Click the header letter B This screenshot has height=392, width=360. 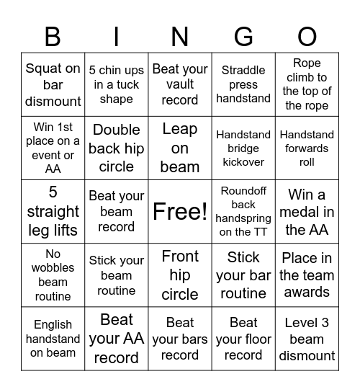(53, 36)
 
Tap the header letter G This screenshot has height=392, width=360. (243, 36)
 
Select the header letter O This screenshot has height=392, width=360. (307, 36)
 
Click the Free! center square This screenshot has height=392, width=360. (180, 211)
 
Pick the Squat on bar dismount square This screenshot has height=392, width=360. (53, 85)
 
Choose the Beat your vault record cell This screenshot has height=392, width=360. (180, 85)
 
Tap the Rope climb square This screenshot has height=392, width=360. (307, 84)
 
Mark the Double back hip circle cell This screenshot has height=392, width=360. (117, 148)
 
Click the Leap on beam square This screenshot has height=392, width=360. (180, 148)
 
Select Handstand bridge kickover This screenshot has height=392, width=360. (243, 148)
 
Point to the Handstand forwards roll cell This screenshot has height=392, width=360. (307, 148)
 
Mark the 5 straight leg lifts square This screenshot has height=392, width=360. (53, 211)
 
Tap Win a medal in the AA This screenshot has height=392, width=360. (307, 211)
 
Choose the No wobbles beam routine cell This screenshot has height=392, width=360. (53, 275)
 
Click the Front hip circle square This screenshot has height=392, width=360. (180, 275)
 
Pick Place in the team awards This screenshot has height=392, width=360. (307, 275)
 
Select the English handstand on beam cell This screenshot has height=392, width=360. (53, 338)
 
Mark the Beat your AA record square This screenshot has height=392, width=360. (117, 338)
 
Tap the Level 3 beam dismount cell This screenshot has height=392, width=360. (307, 338)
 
